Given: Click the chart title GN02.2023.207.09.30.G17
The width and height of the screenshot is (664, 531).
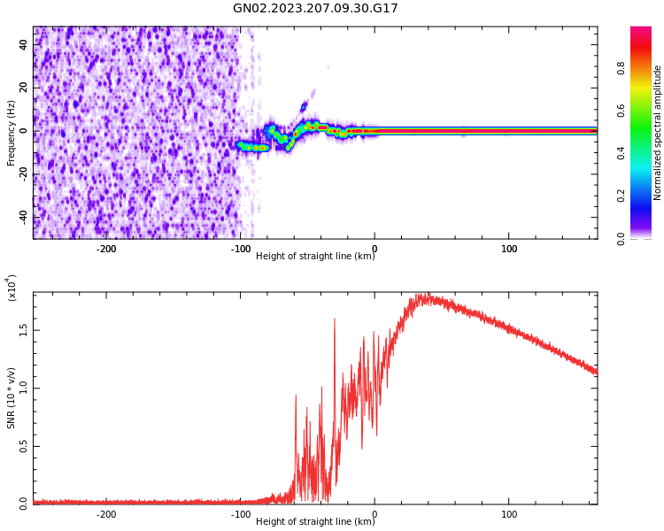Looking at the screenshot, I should coord(315,9).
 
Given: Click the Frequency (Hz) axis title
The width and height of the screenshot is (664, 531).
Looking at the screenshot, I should coord(12,133).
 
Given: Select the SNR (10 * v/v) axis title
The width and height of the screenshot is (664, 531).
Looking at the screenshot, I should coord(12,397).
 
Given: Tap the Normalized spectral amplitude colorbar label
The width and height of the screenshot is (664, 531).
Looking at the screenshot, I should coord(658,133).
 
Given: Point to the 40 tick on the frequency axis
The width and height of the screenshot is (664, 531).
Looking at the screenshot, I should coord(24,44).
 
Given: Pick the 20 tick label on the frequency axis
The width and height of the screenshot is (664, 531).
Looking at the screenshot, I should coord(24,88).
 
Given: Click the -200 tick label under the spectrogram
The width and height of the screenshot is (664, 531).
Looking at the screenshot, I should coord(105,249).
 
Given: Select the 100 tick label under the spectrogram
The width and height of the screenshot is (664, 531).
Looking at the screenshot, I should coord(509,249).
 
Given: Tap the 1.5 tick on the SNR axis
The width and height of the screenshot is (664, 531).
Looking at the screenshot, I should coord(24,330).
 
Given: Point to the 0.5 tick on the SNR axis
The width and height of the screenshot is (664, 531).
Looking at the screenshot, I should coord(24,446).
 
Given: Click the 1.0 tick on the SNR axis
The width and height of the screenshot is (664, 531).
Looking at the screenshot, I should coord(24,388).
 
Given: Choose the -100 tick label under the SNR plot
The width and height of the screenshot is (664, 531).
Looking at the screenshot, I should coord(240,514).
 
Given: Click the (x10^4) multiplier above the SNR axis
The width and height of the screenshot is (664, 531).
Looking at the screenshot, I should coord(12,287).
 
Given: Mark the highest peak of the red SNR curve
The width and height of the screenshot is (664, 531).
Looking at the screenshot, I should coord(426,296).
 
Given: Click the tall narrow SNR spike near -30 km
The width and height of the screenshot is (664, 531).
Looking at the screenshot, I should coord(335,319).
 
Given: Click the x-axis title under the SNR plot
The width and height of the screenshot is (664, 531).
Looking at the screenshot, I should coord(315,522).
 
